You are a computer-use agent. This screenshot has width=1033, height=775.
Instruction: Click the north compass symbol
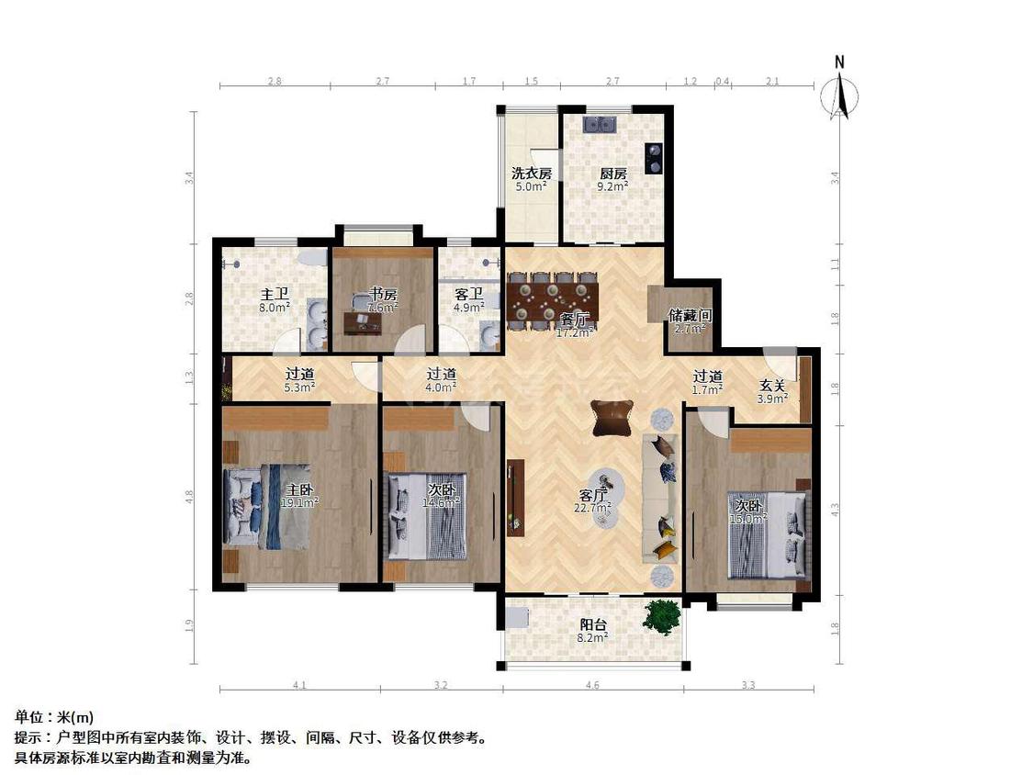tap(839, 91)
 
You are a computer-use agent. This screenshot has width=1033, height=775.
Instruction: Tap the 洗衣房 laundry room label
tap(532, 173)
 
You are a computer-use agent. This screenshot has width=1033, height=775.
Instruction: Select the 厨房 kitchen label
tap(613, 173)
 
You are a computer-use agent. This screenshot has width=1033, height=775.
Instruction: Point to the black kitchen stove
tap(654, 158)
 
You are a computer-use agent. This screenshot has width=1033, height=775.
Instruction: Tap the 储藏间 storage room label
tap(688, 315)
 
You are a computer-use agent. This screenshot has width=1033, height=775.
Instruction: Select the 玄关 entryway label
tap(771, 386)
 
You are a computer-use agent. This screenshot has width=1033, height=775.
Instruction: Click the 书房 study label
tap(383, 295)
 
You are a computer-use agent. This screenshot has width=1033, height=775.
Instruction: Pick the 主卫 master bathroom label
tap(274, 295)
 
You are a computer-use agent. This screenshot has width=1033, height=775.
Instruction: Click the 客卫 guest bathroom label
tap(469, 295)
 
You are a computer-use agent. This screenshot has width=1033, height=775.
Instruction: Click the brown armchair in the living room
tap(612, 418)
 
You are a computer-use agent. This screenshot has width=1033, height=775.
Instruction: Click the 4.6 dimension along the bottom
tap(592, 685)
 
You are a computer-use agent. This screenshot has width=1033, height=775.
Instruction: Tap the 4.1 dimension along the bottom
tap(299, 685)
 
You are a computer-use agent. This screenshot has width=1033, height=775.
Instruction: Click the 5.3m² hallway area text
tap(299, 387)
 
